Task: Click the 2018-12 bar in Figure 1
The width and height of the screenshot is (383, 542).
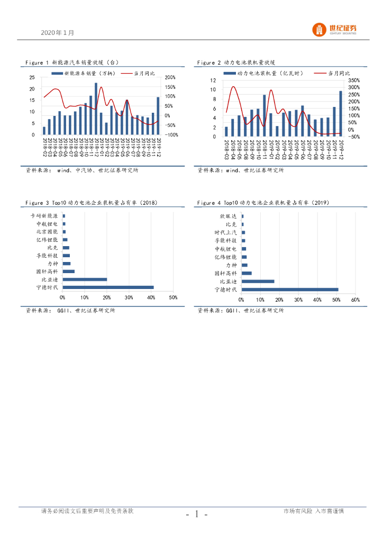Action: pyautogui.click(x=96, y=109)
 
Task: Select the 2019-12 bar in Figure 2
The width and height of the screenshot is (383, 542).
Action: pyautogui.click(x=340, y=114)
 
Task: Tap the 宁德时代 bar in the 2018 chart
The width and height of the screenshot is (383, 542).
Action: pyautogui.click(x=108, y=287)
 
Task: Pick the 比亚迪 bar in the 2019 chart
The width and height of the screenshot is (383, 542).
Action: pyautogui.click(x=258, y=281)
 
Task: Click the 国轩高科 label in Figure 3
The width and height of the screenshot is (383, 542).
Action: pyautogui.click(x=47, y=272)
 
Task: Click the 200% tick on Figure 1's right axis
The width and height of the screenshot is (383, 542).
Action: pyautogui.click(x=170, y=77)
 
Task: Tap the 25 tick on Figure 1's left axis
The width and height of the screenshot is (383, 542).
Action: pyautogui.click(x=32, y=77)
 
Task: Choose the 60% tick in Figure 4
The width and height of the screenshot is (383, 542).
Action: pyautogui.click(x=355, y=300)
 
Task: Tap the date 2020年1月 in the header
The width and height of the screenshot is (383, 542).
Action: pyautogui.click(x=57, y=32)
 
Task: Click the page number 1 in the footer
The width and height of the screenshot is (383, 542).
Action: pyautogui.click(x=196, y=514)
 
